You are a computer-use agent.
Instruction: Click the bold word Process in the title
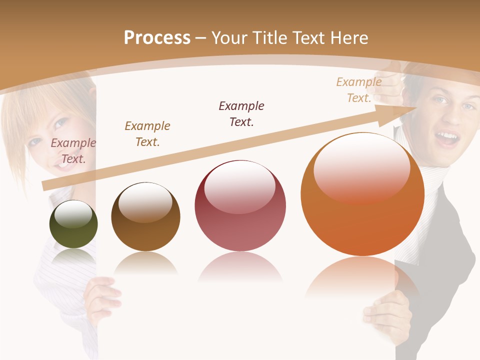[157, 38]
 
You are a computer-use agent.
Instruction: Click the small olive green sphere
[73, 224]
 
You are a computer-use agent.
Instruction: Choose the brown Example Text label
[147, 133]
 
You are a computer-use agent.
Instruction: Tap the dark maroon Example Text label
[241, 113]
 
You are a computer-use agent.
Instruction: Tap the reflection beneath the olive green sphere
[73, 257]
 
